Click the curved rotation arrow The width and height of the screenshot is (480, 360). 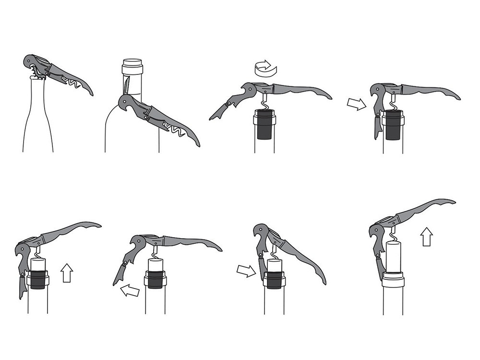pyautogui.click(x=266, y=69)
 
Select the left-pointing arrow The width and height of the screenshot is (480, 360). pyautogui.click(x=130, y=289)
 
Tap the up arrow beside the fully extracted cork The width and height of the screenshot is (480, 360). pyautogui.click(x=426, y=237)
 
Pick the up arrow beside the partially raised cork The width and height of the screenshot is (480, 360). pyautogui.click(x=67, y=272)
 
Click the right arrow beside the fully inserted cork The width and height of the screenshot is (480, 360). pyautogui.click(x=356, y=103)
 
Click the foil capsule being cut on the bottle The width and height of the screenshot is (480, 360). pyautogui.click(x=132, y=67)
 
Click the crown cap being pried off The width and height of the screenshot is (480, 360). pyautogui.click(x=35, y=76)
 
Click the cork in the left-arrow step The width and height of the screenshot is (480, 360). pyautogui.click(x=155, y=274)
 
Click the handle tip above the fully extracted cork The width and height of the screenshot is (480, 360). pyautogui.click(x=449, y=202)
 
